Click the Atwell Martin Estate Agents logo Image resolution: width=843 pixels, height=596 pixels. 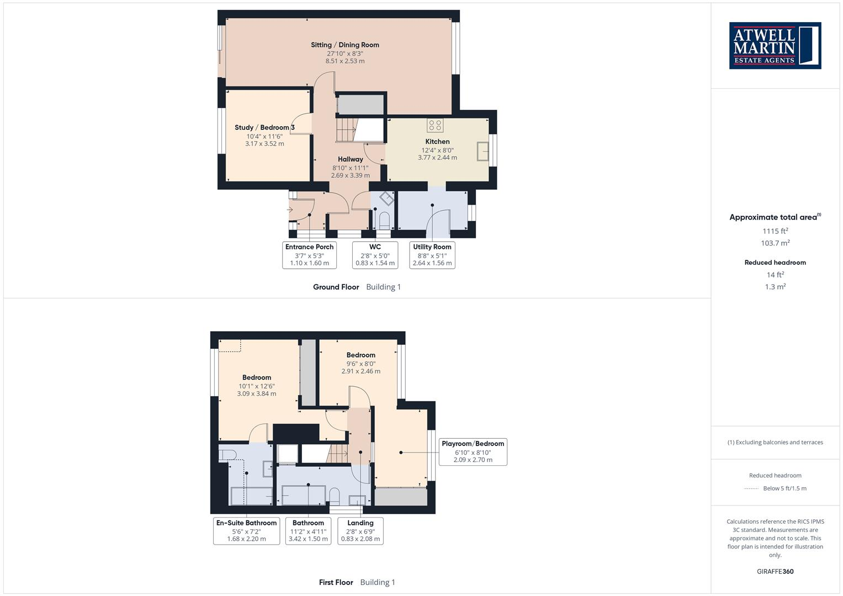775,46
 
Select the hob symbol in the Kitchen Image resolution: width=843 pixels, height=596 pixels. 434,126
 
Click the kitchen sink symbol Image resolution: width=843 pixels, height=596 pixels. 483,151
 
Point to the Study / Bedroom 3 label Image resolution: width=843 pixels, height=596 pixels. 264,127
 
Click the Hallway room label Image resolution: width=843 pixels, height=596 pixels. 350,159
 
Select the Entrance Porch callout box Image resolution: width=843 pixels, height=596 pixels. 309,255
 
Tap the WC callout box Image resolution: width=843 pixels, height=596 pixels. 375,255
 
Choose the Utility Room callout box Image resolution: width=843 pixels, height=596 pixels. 432,255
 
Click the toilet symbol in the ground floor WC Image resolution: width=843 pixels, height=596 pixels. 384,221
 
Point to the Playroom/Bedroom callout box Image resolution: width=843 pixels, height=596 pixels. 473,451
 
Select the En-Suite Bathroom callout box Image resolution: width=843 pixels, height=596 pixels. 246,531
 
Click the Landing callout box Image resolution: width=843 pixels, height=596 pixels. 360,531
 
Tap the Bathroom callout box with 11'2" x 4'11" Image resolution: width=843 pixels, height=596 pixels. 308,531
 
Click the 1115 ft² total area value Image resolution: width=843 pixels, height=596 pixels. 775,231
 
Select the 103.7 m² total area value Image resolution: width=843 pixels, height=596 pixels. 775,243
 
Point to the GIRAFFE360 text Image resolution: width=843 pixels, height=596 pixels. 775,572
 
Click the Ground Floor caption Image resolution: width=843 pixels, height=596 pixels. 336,287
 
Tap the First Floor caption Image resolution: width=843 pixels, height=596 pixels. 336,582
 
